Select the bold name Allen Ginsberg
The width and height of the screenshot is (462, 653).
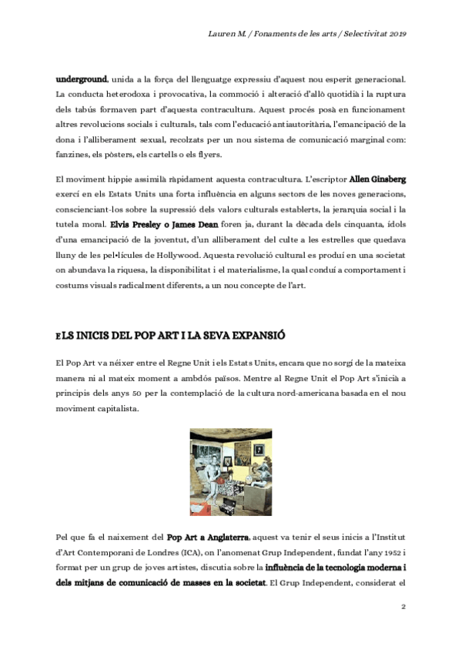coord(382,178)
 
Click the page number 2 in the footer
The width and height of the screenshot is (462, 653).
coord(403,607)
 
